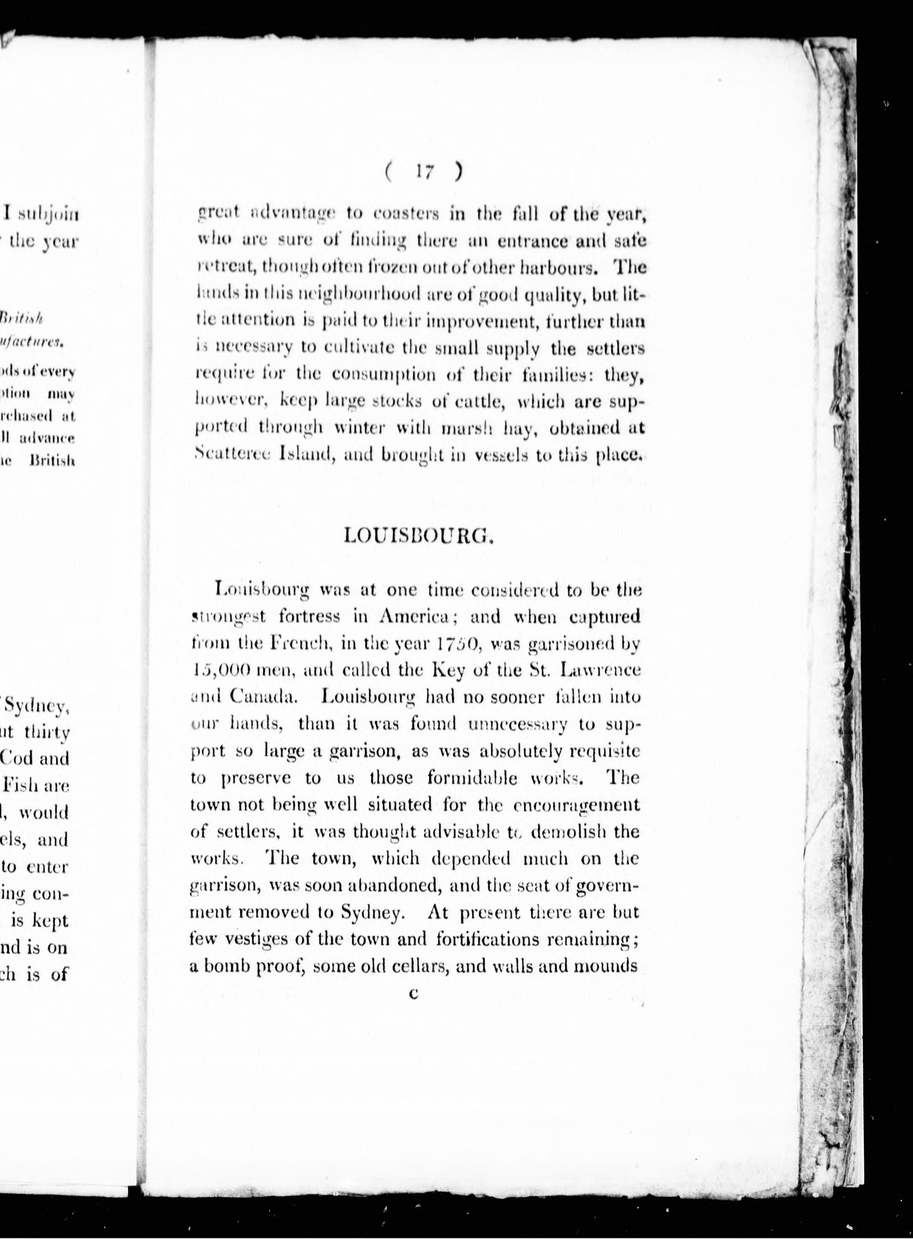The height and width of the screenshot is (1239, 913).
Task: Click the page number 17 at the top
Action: click(424, 172)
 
